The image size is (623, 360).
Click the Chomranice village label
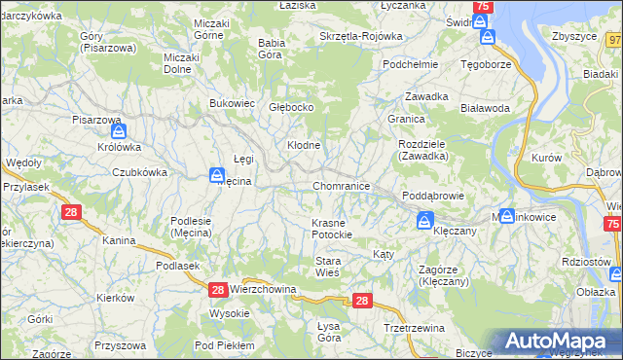tap(341, 185)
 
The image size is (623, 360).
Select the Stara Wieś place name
tap(327, 267)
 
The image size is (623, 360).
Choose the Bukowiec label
tap(232, 102)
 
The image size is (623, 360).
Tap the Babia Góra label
tap(272, 49)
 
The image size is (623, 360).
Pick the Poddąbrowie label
tap(432, 196)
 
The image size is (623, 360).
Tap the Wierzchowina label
tap(263, 289)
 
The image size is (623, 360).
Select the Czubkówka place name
tap(139, 172)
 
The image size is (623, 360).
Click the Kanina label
tap(119, 240)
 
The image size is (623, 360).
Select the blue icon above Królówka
tap(118, 131)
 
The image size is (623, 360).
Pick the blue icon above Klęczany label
tap(424, 222)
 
